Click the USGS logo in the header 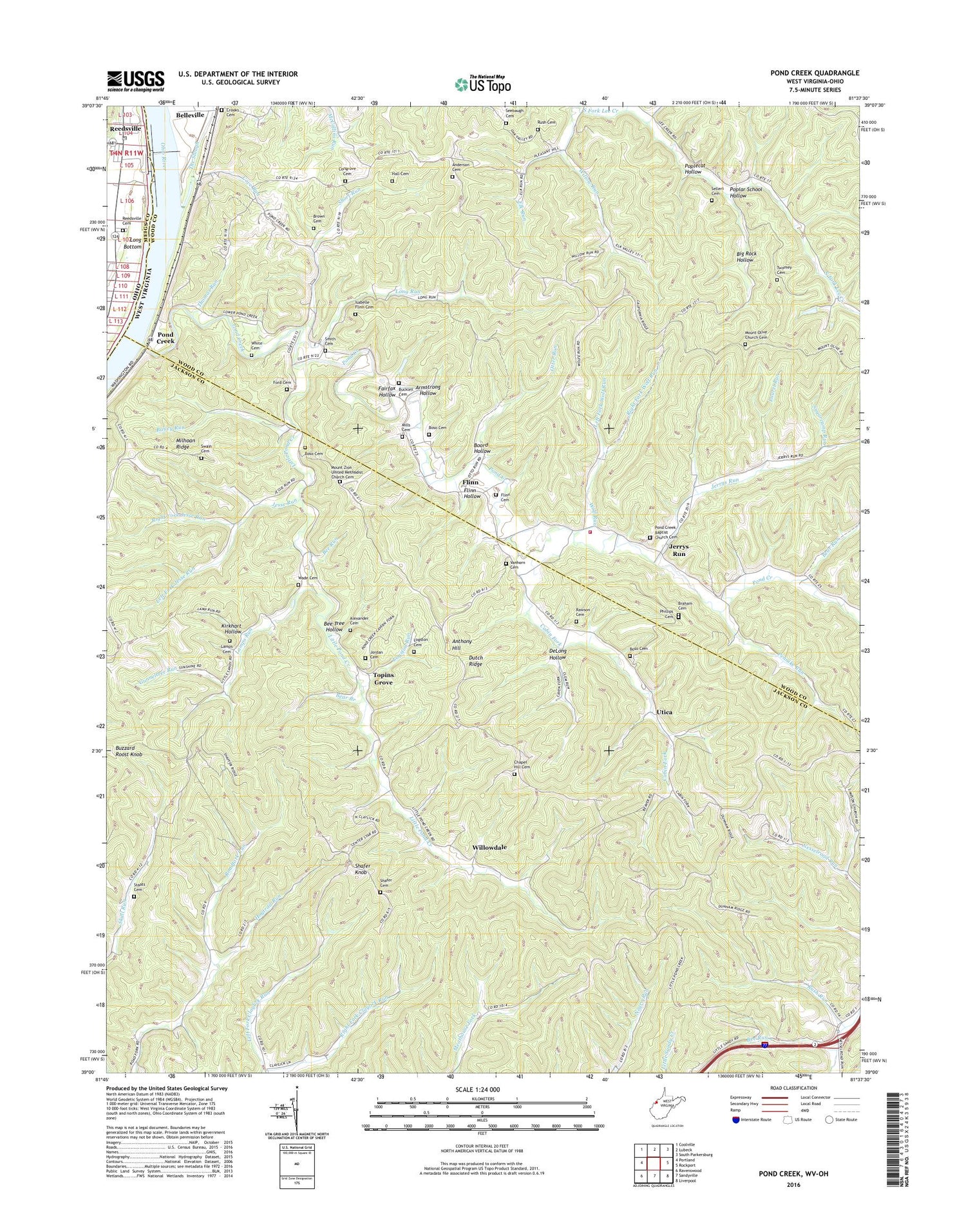pyautogui.click(x=135, y=81)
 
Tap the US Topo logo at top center pyautogui.click(x=483, y=84)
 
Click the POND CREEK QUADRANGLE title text pyautogui.click(x=814, y=73)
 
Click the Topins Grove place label pyautogui.click(x=383, y=679)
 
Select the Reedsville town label pyautogui.click(x=125, y=128)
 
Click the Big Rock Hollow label pyautogui.click(x=746, y=256)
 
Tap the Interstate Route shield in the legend pyautogui.click(x=735, y=1119)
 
